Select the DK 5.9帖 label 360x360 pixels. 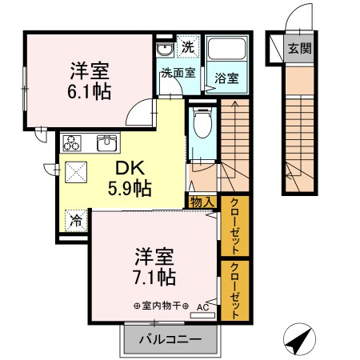click(132, 179)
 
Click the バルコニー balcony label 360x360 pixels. click(170, 340)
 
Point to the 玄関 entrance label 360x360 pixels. click(300, 48)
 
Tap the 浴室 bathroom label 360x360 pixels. click(226, 78)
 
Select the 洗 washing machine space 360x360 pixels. click(187, 47)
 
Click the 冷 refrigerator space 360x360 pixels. click(77, 218)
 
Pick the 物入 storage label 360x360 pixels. click(202, 202)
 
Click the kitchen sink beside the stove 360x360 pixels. click(106, 144)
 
